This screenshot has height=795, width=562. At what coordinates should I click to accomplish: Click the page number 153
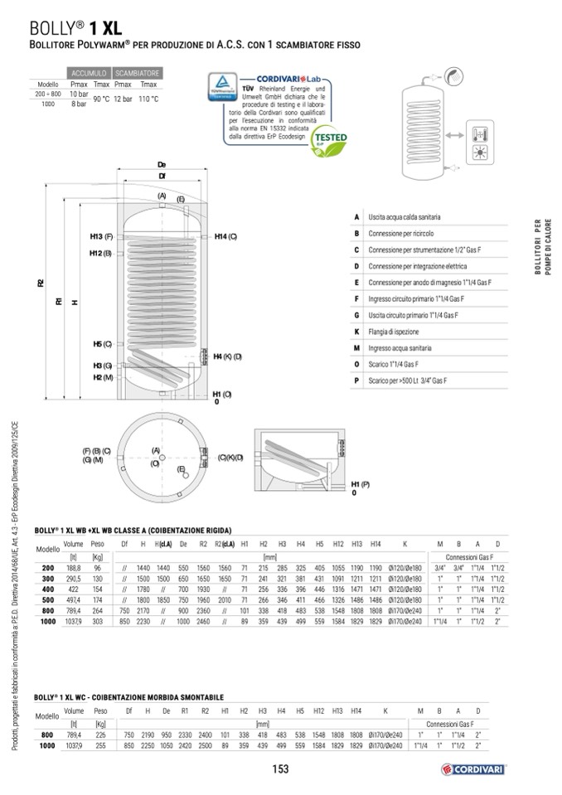(280, 769)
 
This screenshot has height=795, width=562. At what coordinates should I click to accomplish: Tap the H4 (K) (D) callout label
(227, 356)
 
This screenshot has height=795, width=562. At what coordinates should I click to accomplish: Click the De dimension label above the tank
(162, 165)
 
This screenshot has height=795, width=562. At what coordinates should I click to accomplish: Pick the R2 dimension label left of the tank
(41, 284)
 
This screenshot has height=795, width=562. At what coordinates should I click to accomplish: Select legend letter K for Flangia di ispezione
(356, 332)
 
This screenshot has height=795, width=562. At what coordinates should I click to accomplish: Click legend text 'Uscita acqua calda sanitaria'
(405, 217)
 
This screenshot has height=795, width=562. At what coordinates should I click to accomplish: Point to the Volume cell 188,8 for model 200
(74, 568)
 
